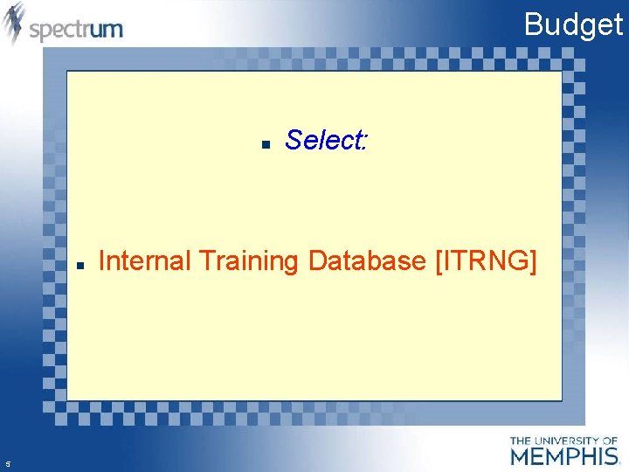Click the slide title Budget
click(x=573, y=24)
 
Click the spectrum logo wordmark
click(x=76, y=29)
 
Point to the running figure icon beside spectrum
click(x=14, y=24)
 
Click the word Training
click(x=250, y=261)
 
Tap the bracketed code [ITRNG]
click(x=486, y=260)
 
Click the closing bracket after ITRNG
click(x=533, y=260)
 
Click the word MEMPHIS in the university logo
click(x=564, y=455)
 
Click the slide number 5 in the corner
click(x=7, y=464)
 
